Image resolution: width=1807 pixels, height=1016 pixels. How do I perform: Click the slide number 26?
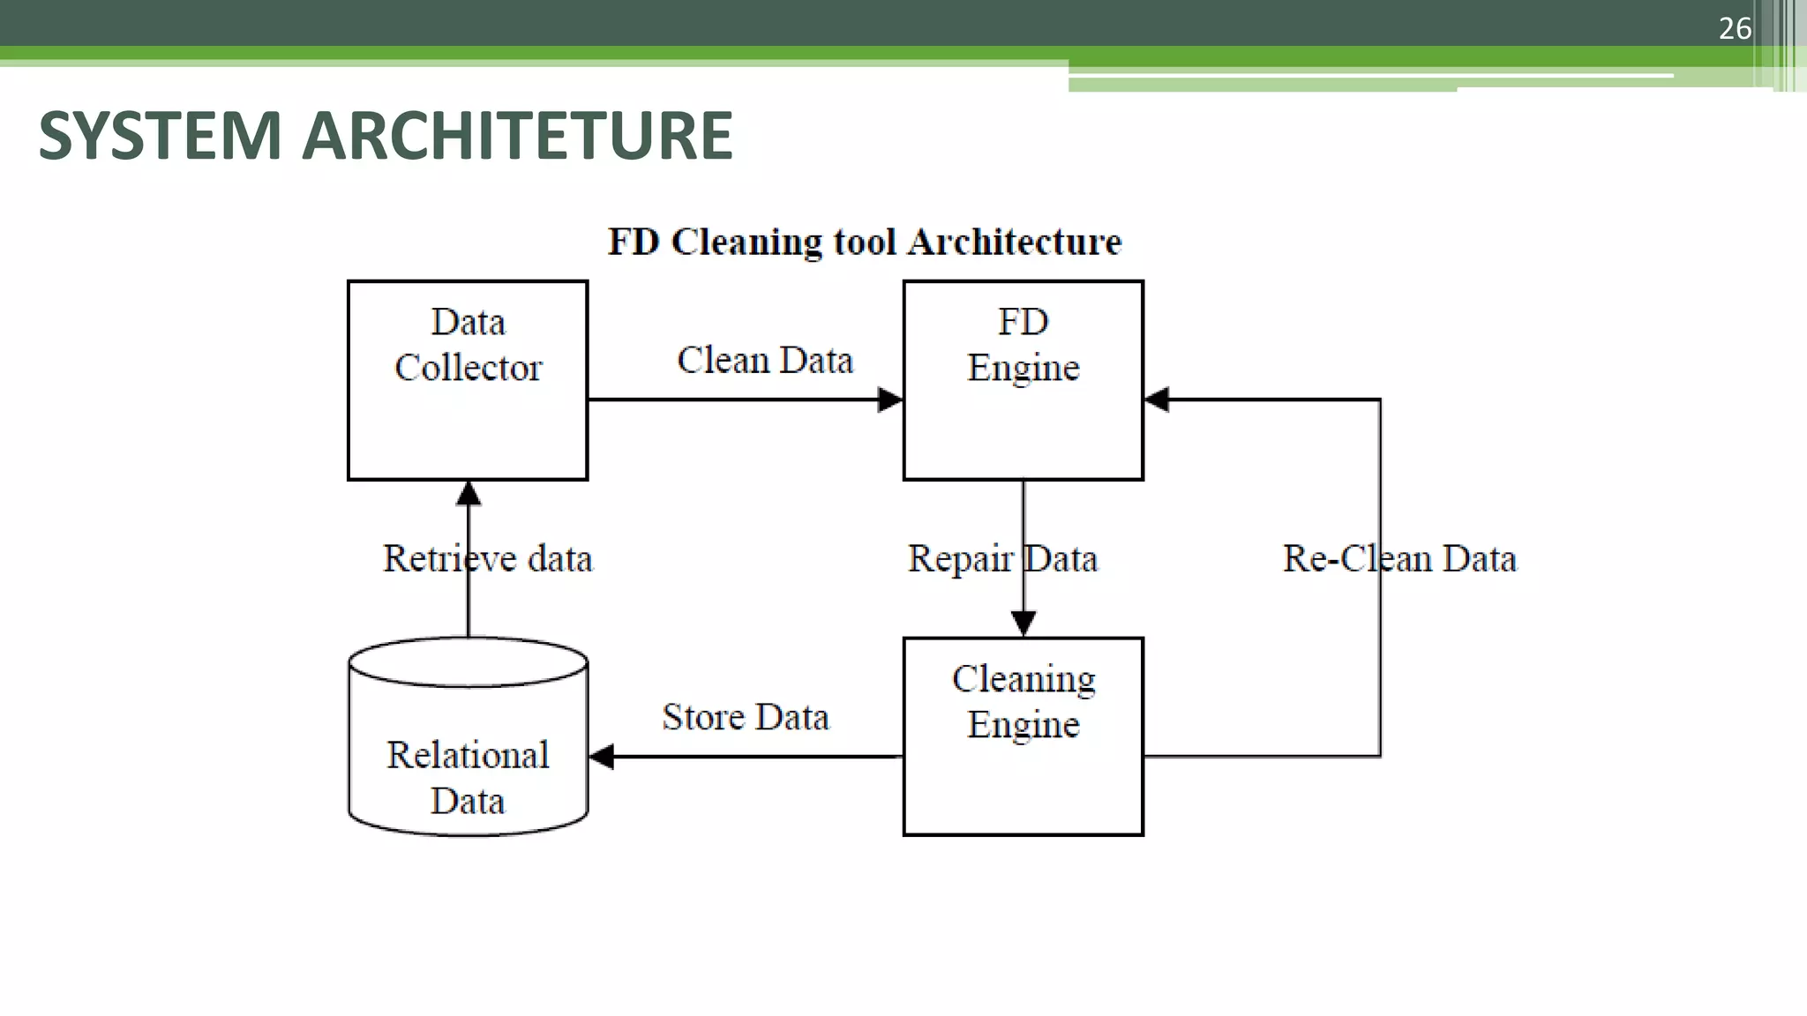(1734, 28)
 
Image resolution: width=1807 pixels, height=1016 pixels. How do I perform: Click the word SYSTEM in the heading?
(160, 136)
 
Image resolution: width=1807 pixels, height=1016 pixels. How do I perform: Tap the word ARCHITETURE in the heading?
(517, 136)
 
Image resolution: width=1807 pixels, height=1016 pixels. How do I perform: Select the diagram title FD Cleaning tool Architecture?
(865, 242)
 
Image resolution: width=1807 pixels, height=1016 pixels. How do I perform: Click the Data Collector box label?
(468, 345)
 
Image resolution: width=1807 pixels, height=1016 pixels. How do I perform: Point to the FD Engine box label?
(1023, 345)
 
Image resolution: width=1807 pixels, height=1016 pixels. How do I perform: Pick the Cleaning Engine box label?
(1023, 702)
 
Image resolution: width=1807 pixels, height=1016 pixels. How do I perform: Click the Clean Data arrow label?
(765, 361)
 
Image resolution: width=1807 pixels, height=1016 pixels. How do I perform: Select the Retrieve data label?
(487, 558)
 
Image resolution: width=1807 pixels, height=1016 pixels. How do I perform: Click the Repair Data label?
(1002, 558)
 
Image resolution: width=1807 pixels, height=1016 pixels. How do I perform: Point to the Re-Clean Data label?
(1399, 558)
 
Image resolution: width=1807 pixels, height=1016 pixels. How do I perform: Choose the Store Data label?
(746, 717)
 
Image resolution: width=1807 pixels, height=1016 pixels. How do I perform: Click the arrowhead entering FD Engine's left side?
(890, 400)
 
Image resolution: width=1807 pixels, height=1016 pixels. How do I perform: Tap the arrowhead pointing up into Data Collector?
(469, 493)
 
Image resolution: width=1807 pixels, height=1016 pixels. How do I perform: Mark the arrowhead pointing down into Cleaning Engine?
(1023, 623)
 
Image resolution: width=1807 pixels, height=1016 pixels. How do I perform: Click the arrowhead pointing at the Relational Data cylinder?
(602, 756)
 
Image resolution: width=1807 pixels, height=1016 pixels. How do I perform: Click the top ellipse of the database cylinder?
(468, 661)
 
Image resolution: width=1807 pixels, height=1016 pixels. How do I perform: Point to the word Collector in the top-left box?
(468, 368)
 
